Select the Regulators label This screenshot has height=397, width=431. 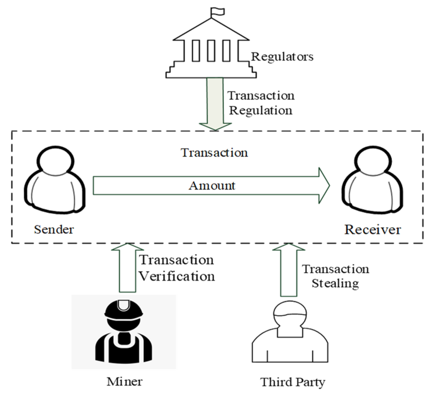[x=282, y=57]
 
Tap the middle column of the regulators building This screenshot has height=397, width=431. [x=211, y=50]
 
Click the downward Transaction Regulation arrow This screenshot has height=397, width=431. [x=215, y=102]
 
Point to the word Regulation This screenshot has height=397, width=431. [x=260, y=111]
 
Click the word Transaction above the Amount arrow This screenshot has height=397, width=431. [x=214, y=153]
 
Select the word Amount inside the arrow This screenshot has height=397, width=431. [x=212, y=186]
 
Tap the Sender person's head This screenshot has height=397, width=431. [x=55, y=160]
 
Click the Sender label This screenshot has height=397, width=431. [x=54, y=230]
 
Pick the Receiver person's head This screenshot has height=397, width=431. [x=372, y=160]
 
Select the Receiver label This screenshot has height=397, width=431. [x=372, y=230]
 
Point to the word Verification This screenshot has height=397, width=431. [x=177, y=276]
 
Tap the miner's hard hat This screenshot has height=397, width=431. [x=124, y=310]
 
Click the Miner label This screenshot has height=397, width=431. [x=125, y=381]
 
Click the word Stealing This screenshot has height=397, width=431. [x=335, y=283]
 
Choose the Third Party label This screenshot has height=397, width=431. [x=292, y=382]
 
